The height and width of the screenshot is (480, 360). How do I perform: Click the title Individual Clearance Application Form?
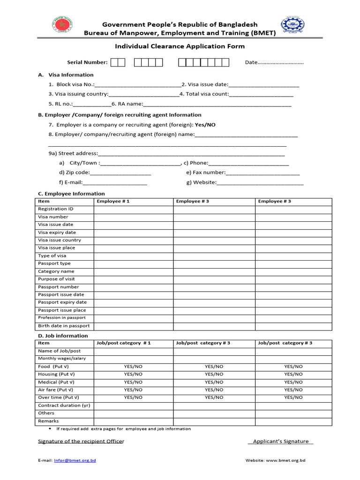180,46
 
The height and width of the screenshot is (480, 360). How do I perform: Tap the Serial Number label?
87,62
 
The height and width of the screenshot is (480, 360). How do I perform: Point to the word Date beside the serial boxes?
251,62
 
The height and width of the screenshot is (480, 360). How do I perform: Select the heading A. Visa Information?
66,75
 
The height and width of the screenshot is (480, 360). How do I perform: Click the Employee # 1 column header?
113,202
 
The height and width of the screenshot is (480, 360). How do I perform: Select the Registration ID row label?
56,209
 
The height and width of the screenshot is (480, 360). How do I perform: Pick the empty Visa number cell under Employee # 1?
134,217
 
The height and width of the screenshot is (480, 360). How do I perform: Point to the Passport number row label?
59,287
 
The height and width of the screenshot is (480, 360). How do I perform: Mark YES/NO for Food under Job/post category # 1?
134,367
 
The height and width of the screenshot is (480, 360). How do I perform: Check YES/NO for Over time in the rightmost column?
293,397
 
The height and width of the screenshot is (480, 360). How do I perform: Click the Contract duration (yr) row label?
64,405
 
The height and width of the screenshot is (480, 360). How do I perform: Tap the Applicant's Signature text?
280,442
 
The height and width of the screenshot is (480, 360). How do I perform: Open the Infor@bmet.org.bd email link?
75,461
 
